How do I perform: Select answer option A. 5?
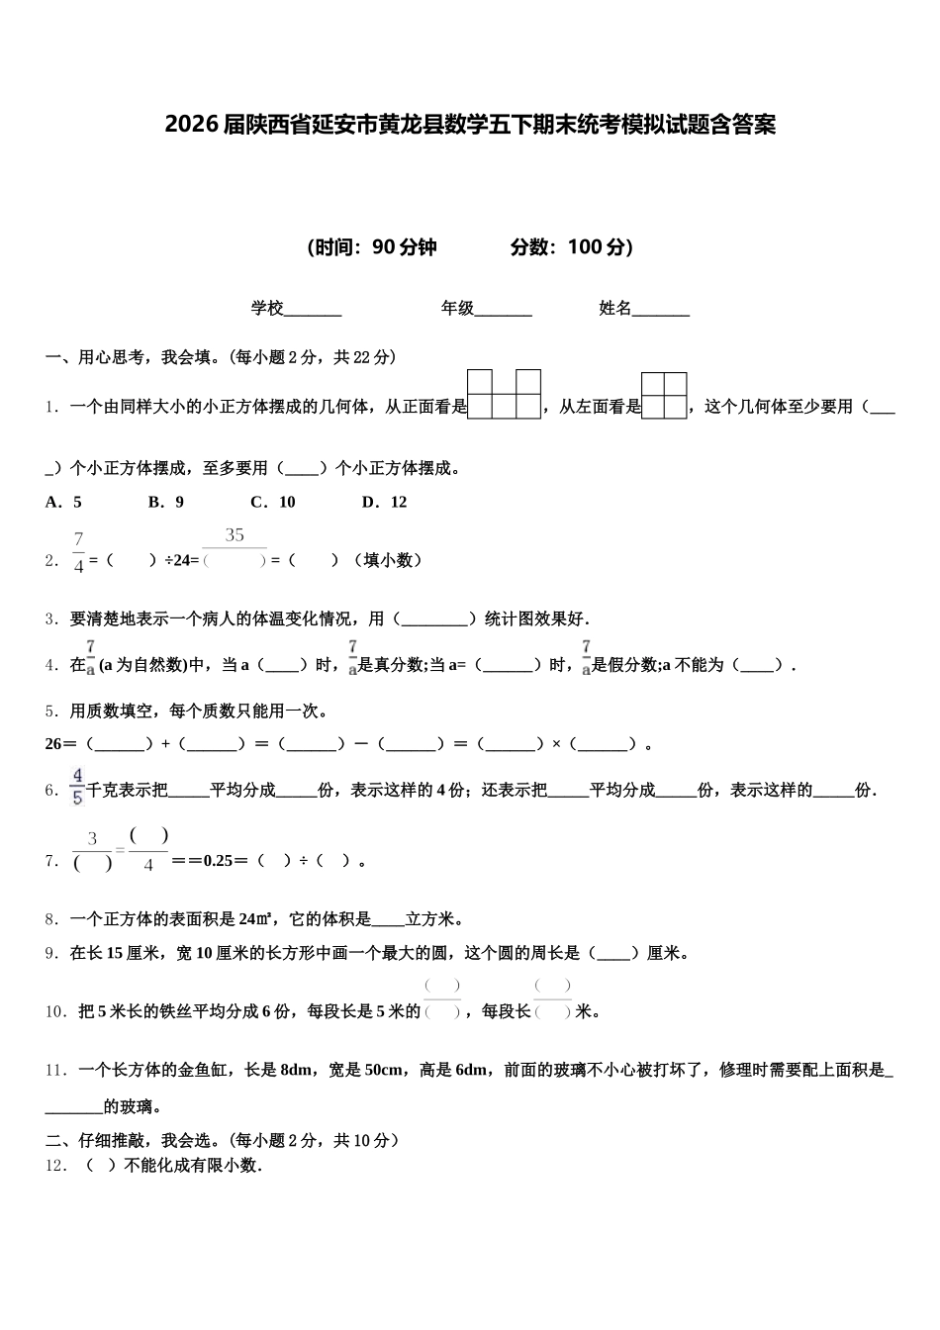pos(64,502)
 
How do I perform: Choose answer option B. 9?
pos(166,502)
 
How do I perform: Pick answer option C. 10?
pos(273,502)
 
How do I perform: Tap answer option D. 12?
pos(385,502)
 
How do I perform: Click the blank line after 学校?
pos(313,310)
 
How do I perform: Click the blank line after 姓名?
pos(660,310)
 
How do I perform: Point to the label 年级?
pos(457,309)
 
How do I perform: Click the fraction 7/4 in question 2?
pos(78,552)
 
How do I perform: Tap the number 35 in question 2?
pos(235,535)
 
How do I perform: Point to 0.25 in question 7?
pos(218,861)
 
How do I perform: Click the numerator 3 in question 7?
pos(93,839)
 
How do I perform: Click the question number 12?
pos(55,1166)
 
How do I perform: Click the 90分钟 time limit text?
pos(405,247)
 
